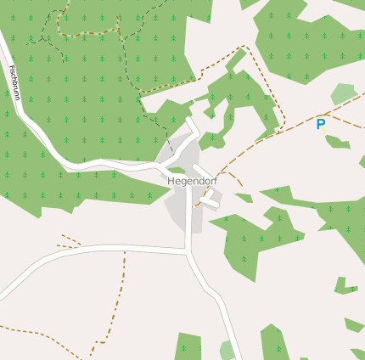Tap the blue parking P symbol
pos(321,124)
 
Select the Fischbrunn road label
pos(14,82)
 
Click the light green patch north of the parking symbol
pos(344,93)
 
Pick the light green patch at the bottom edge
pos(227,350)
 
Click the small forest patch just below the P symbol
pos(337,142)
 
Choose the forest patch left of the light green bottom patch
pos(188,346)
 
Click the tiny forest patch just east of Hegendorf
pos(244,198)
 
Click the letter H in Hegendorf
pos(172,181)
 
